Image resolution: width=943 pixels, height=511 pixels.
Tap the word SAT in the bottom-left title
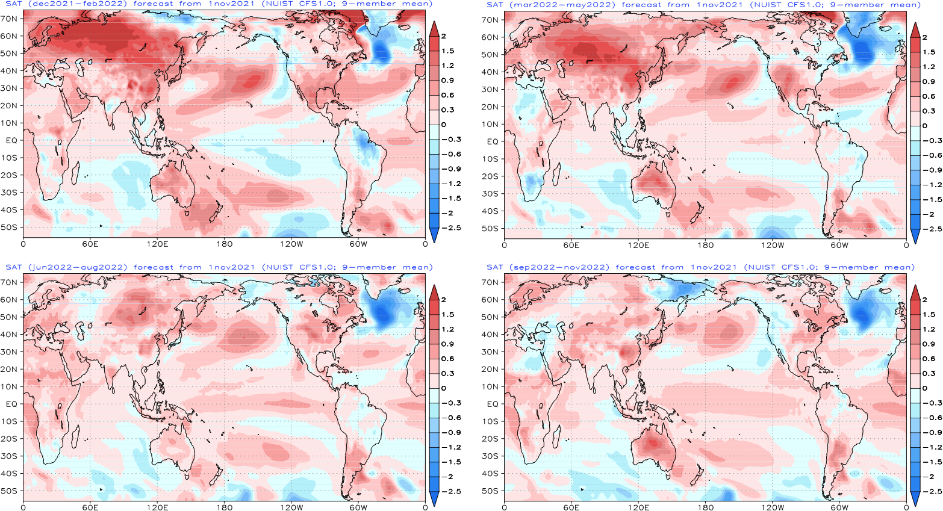point(13,267)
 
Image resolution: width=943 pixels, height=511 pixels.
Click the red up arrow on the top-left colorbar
point(434,29)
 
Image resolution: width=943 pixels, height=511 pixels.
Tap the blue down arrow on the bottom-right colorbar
point(915,498)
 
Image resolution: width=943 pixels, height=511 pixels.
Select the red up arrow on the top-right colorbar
point(915,30)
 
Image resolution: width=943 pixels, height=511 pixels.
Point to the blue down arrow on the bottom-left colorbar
point(434,498)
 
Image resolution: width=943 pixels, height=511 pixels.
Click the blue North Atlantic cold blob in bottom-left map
point(382,310)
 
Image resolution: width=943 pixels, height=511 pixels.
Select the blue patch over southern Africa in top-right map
point(532,181)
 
